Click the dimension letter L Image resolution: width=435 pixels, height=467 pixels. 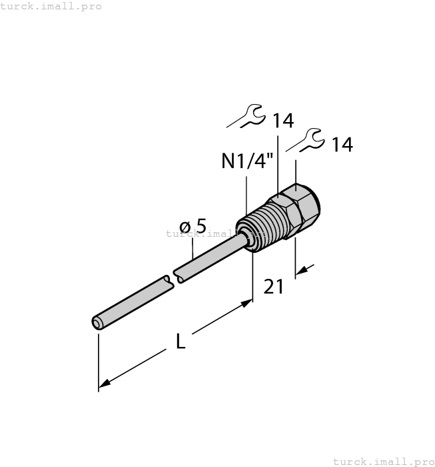pyautogui.click(x=181, y=341)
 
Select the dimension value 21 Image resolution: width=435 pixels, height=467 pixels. pyautogui.click(x=274, y=287)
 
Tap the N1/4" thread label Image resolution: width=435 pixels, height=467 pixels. pyautogui.click(x=247, y=161)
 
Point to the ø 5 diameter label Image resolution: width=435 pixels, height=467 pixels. pyautogui.click(x=193, y=227)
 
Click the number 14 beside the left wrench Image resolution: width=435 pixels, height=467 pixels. pyautogui.click(x=282, y=121)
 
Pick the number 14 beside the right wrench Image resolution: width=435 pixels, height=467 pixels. pyautogui.click(x=342, y=144)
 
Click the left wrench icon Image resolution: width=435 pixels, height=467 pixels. pyautogui.click(x=246, y=116)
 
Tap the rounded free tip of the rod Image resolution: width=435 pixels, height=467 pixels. pyautogui.click(x=97, y=324)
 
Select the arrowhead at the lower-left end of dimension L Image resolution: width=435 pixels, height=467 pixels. pyautogui.click(x=103, y=384)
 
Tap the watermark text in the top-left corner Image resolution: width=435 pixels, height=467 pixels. pyautogui.click(x=51, y=6)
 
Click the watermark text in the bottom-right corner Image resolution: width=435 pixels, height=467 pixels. pyautogui.click(x=382, y=461)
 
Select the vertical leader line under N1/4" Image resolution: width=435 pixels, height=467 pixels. pyautogui.click(x=247, y=193)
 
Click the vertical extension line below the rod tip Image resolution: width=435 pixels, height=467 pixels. pyautogui.click(x=99, y=360)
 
